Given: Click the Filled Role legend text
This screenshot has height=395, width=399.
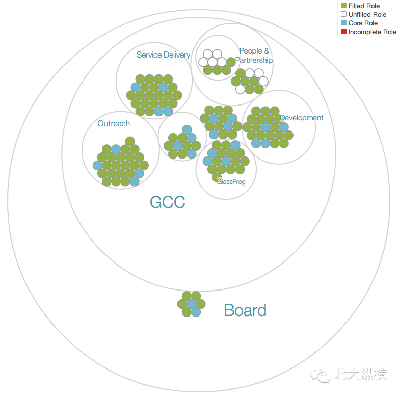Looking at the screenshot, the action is tap(364, 6).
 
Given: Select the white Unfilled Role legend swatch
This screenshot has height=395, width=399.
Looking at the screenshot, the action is tap(343, 14).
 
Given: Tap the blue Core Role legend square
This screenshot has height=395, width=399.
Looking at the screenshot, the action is tap(343, 23).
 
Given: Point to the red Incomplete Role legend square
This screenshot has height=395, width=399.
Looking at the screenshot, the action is tap(343, 32).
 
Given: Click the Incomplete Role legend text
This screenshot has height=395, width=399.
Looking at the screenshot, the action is tap(372, 32).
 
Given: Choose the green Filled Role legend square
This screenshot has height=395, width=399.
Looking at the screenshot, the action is tap(343, 6).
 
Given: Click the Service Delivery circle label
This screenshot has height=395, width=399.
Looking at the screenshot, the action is tap(163, 55).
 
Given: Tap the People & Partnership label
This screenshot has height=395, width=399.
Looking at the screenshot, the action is tap(254, 56).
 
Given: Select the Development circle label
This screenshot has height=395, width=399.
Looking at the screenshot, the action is tap(301, 118).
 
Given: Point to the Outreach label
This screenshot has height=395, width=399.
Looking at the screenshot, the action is tap(114, 123).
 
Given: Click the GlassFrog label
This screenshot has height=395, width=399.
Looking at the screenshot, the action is tap(231, 181).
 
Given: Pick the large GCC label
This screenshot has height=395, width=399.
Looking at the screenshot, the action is tap(167, 202).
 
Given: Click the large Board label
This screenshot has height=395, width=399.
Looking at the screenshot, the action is tap(245, 310).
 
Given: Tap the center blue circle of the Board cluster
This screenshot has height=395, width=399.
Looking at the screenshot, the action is tap(191, 304).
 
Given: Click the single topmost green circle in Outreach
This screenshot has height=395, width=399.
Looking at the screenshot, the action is tap(130, 141).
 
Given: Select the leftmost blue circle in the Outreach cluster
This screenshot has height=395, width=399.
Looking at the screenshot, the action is tap(97, 165).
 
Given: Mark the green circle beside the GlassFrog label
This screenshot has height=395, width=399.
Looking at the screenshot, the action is tap(217, 177).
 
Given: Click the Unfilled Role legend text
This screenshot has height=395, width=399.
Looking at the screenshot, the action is tap(367, 15).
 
